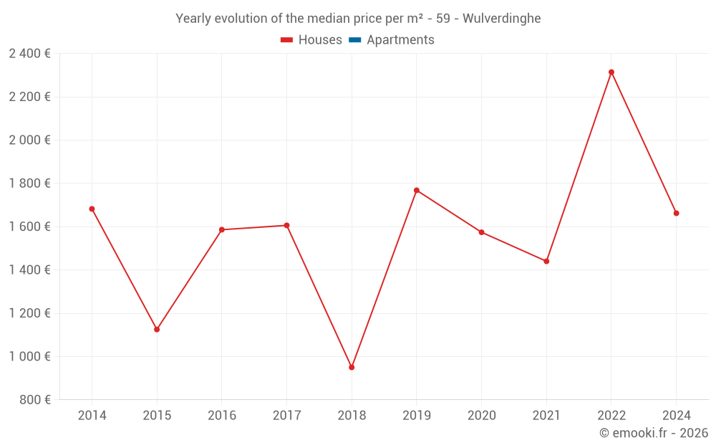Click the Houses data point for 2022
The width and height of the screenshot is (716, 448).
[x=611, y=72]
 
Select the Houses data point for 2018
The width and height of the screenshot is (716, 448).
[x=352, y=367]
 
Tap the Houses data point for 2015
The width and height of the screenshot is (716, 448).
[x=157, y=330]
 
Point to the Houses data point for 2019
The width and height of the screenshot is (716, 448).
[x=417, y=191]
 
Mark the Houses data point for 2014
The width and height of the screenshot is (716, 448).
[x=92, y=209]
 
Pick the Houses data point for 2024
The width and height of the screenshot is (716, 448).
[x=676, y=213]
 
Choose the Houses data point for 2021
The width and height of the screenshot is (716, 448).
[x=546, y=261]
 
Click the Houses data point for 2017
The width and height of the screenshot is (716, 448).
[x=286, y=225]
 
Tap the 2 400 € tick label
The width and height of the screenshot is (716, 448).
[x=29, y=54]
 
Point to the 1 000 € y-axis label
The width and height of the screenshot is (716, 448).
[x=29, y=356]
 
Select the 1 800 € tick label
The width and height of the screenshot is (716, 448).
[x=29, y=184]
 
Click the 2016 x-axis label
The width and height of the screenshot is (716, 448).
[x=222, y=416]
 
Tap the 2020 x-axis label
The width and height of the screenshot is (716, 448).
[x=481, y=416]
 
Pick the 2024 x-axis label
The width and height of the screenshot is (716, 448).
[x=676, y=416]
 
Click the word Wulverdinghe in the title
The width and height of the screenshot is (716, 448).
[x=501, y=19]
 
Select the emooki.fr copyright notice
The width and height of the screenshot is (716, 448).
[x=654, y=433]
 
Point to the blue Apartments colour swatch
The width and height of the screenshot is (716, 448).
[x=354, y=40]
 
